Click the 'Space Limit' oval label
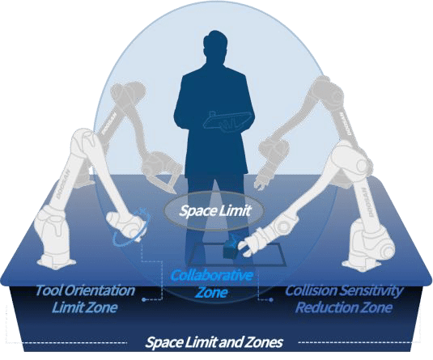(214, 211)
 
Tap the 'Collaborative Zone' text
(212, 283)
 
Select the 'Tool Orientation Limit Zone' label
(85, 299)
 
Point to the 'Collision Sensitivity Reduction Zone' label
(344, 299)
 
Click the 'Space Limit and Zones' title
(214, 342)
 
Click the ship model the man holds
(227, 121)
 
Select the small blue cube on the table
(231, 249)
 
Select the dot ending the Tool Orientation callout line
(143, 299)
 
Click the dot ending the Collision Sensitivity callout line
(271, 299)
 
